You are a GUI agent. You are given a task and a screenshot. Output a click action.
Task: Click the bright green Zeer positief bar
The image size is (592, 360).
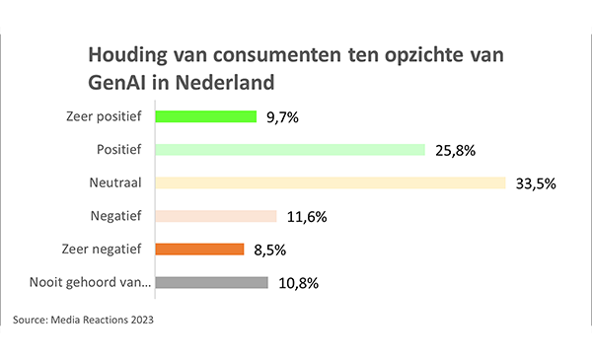coord(206,117)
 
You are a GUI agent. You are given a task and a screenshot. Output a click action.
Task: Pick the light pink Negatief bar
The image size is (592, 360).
coord(216,216)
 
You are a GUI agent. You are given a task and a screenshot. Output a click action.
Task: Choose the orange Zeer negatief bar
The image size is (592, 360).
coord(200,250)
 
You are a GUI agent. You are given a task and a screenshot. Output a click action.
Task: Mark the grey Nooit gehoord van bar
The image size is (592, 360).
coord(212,283)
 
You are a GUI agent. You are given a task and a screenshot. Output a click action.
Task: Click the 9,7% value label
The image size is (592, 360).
coord(282,117)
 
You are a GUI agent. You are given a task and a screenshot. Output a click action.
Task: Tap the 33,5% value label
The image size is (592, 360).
coord(533,182)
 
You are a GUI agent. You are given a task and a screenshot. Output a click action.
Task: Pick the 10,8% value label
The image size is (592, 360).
coord(296,283)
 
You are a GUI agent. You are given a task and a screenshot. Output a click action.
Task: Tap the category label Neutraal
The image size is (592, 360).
coord(117,182)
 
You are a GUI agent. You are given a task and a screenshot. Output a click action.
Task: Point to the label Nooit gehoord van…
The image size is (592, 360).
coord(90,283)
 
